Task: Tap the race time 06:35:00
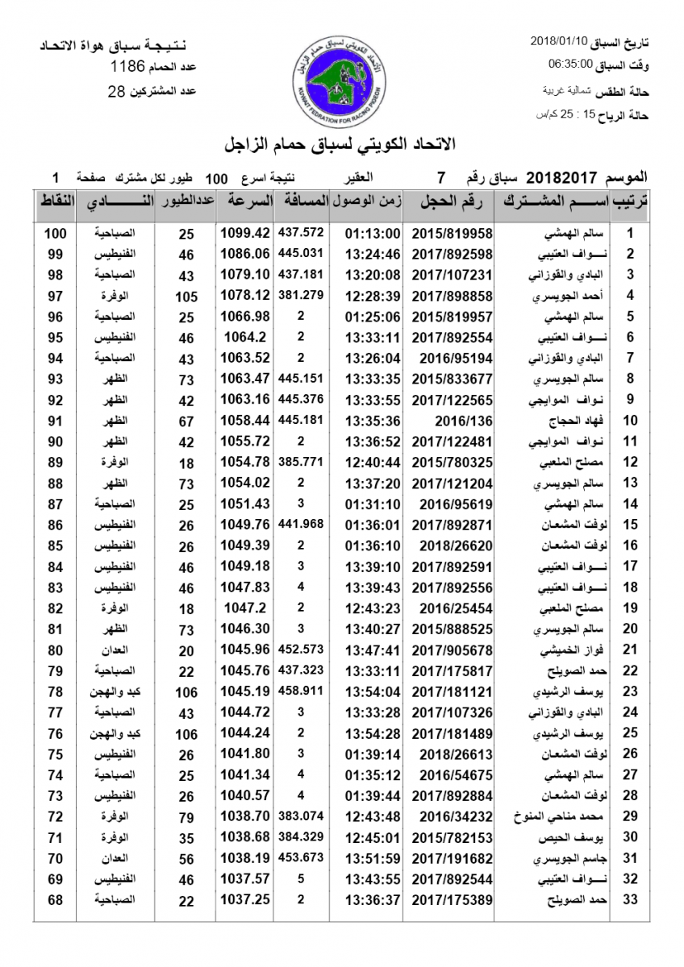(571, 64)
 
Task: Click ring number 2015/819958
(452, 234)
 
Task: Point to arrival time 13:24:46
(373, 255)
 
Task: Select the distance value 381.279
(300, 295)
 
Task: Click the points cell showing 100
(55, 234)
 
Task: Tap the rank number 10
(631, 420)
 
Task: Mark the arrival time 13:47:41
(373, 650)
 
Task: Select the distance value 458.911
(300, 691)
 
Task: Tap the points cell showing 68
(55, 899)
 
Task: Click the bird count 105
(186, 296)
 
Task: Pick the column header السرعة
(247, 203)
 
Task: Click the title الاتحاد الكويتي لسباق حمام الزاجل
(342, 144)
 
